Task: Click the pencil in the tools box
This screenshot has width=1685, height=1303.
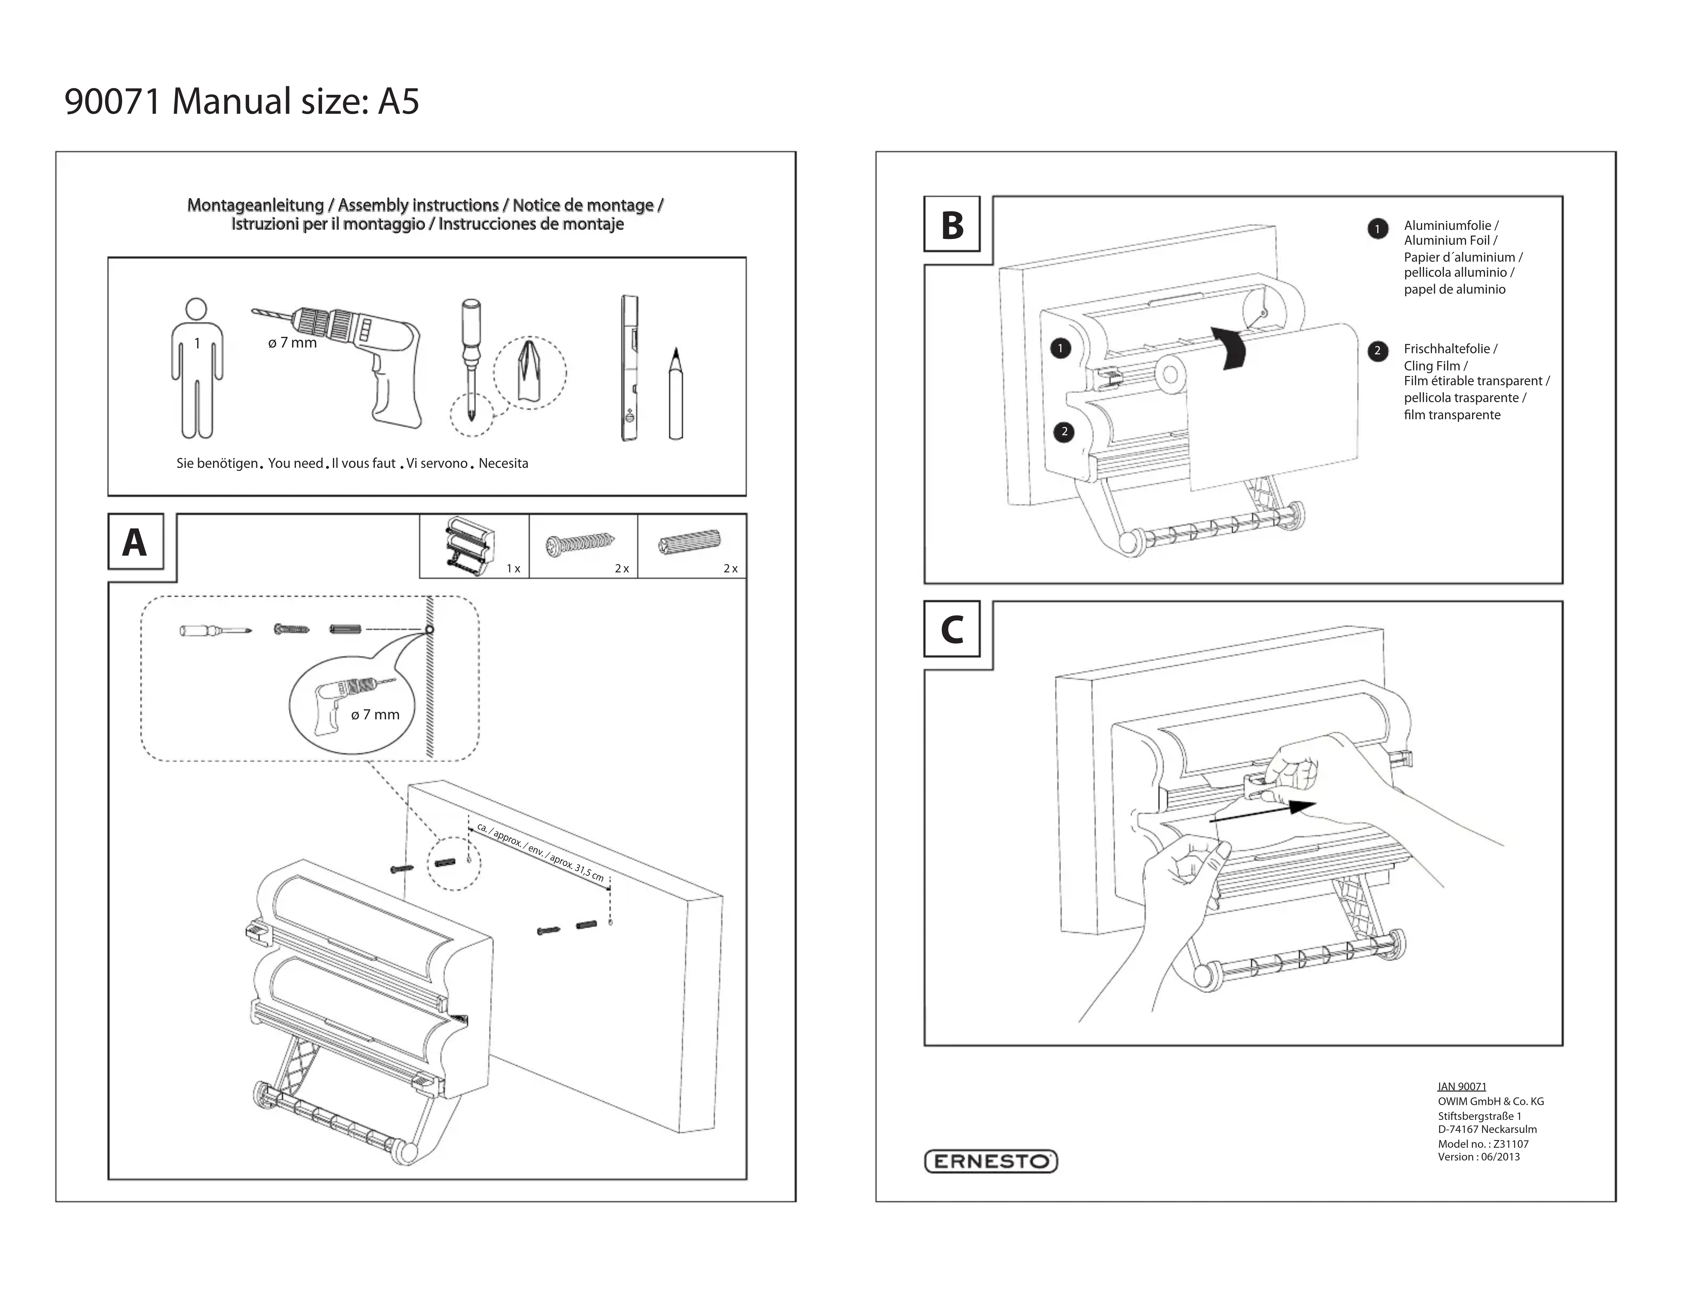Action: (x=676, y=393)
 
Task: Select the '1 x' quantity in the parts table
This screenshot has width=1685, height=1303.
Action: (x=513, y=569)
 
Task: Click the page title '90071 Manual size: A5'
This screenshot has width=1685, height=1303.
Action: (x=241, y=101)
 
